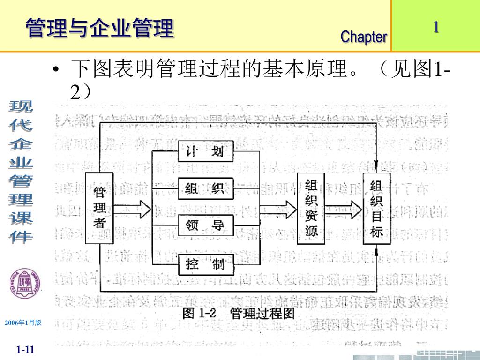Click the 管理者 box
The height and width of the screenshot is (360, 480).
[x=99, y=208]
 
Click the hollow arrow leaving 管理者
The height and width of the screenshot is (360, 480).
[x=132, y=208]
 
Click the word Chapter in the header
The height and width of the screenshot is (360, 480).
[x=364, y=37]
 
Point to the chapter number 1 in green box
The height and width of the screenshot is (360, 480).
[x=436, y=27]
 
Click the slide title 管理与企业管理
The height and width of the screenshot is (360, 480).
[x=99, y=28]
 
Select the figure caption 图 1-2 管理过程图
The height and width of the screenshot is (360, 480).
[x=239, y=314]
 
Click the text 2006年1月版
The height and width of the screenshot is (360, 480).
[x=23, y=323]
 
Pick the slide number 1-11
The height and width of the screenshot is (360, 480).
[x=25, y=349]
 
